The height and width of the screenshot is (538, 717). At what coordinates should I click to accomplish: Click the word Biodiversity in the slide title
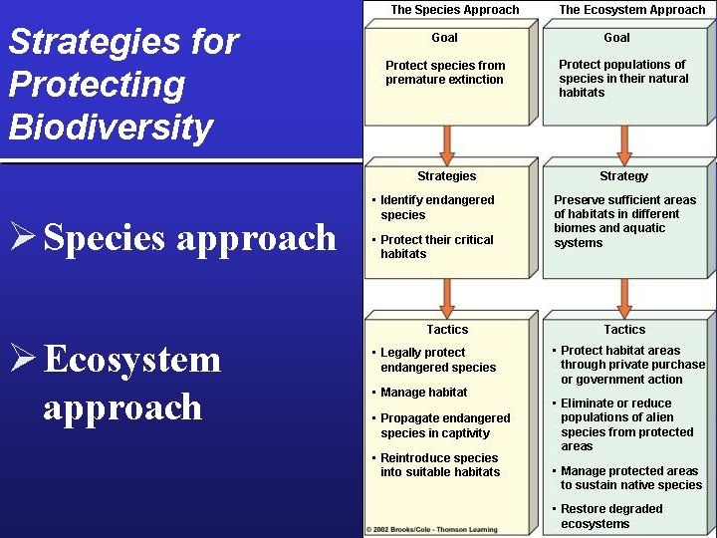tap(111, 128)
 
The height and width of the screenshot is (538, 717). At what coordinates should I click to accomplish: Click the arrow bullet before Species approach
tap(22, 238)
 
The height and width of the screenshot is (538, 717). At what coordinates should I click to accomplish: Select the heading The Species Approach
tap(455, 10)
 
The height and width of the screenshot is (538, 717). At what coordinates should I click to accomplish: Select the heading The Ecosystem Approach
tap(632, 10)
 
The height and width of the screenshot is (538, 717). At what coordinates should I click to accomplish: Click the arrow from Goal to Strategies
tap(447, 144)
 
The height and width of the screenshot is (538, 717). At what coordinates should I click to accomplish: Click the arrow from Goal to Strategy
tap(624, 144)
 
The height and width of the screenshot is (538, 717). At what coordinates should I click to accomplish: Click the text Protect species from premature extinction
tap(445, 73)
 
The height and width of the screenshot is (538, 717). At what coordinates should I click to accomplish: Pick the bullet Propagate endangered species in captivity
tap(444, 425)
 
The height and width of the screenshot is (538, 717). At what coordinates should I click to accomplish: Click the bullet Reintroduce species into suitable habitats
tap(439, 465)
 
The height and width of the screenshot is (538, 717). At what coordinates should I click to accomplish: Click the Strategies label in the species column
tap(447, 176)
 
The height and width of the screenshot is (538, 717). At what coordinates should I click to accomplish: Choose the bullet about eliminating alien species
tap(626, 424)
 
